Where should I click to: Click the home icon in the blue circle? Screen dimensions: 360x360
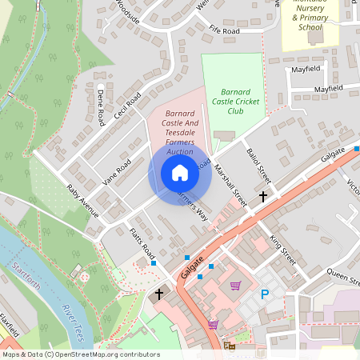coord(179,173)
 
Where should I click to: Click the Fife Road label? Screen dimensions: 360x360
coord(225,30)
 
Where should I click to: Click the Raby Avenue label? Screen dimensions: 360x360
coord(82,203)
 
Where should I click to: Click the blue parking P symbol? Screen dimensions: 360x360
coord(265,294)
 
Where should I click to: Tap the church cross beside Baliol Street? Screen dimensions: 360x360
coord(263,196)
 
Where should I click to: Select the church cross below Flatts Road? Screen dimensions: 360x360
coord(158,294)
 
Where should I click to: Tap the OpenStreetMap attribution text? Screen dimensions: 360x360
coord(81,354)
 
